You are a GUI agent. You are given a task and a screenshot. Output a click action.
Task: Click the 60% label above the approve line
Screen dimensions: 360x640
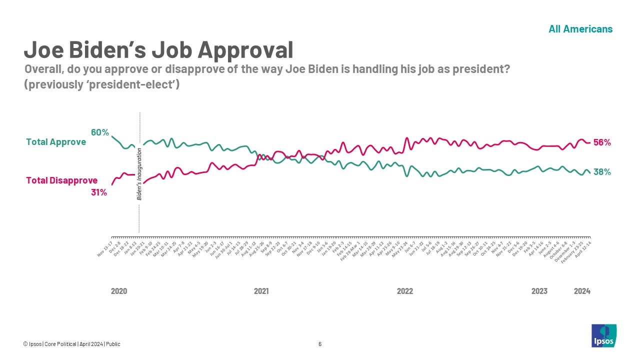pyautogui.click(x=99, y=132)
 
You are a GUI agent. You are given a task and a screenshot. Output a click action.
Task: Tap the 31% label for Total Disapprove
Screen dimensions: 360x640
pyautogui.click(x=99, y=192)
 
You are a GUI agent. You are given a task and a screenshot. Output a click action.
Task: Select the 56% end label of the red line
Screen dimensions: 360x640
pyautogui.click(x=601, y=142)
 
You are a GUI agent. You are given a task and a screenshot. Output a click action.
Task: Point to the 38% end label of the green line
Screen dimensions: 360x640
pyautogui.click(x=601, y=172)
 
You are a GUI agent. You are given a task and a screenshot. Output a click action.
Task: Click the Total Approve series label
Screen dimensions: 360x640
pyautogui.click(x=55, y=142)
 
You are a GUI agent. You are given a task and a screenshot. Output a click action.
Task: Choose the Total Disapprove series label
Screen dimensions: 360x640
pyautogui.click(x=61, y=180)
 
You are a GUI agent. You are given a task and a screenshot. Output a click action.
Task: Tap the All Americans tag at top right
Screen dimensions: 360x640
pyautogui.click(x=580, y=29)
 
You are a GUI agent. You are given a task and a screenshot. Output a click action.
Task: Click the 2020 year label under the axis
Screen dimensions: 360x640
pyautogui.click(x=118, y=291)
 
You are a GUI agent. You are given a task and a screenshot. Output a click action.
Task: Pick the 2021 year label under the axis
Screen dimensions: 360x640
pyautogui.click(x=261, y=291)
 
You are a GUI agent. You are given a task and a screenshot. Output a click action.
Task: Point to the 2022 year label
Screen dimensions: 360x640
pyautogui.click(x=404, y=291)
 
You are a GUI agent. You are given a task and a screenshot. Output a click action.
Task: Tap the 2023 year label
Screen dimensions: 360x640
pyautogui.click(x=539, y=291)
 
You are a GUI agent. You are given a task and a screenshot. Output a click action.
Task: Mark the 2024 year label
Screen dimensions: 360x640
pyautogui.click(x=582, y=291)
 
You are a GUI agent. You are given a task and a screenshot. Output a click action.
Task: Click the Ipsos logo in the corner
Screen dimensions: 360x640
pyautogui.click(x=604, y=335)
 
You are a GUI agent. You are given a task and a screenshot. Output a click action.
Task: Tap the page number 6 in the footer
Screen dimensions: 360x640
pyautogui.click(x=320, y=344)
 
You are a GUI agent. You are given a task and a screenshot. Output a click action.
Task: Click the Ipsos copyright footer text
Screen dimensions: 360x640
pyautogui.click(x=71, y=344)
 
